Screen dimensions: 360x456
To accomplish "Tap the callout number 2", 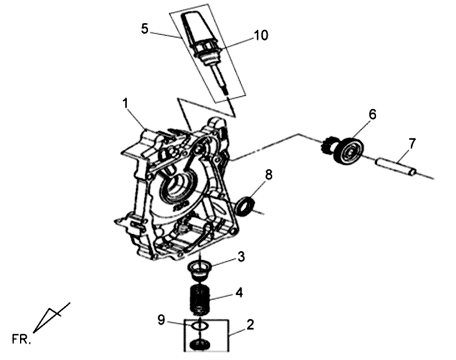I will pos(250,325).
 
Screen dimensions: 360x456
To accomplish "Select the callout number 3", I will pos(242,257).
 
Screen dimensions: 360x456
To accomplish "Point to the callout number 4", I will pos(240,294).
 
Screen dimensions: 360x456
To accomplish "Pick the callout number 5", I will pos(145,28).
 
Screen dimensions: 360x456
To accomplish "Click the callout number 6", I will pos(372,114).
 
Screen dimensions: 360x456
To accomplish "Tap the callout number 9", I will pos(162,320).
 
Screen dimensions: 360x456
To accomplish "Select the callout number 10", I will pos(260,35).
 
